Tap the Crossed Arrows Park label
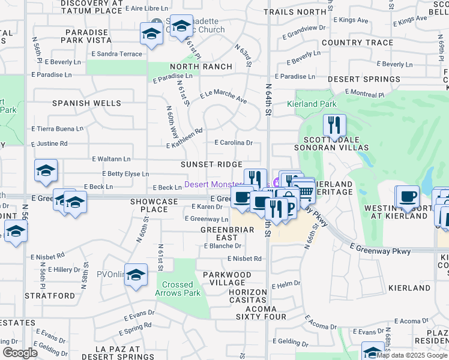178,289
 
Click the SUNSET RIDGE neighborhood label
211,164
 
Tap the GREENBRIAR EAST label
223,233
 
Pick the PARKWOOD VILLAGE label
227,278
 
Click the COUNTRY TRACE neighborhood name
358,43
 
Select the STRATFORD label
50,296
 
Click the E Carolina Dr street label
234,143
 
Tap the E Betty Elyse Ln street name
120,174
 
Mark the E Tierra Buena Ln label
58,128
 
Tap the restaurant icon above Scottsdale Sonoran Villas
334,125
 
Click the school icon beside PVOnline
136,275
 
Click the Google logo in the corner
20,353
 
